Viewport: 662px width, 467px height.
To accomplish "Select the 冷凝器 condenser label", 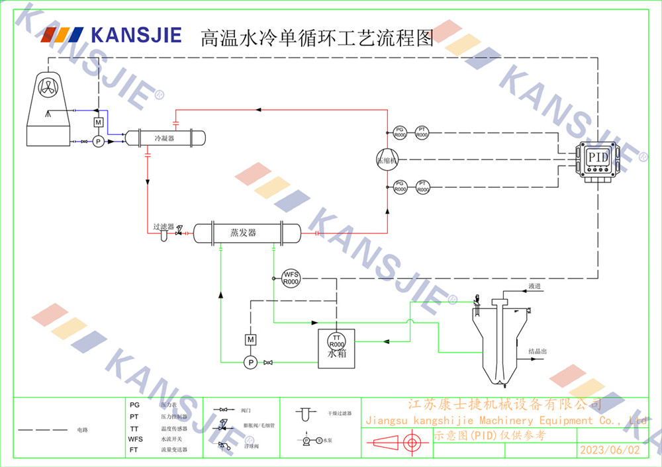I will pyautogui.click(x=164, y=138).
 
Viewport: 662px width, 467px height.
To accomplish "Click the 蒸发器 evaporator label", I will pyautogui.click(x=243, y=233).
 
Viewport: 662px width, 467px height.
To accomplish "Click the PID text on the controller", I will pyautogui.click(x=598, y=158).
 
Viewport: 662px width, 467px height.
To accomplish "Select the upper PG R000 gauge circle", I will pyautogui.click(x=400, y=132).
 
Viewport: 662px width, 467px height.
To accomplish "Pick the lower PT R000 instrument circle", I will pyautogui.click(x=422, y=187).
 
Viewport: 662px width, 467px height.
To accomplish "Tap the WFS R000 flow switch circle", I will pyautogui.click(x=291, y=278).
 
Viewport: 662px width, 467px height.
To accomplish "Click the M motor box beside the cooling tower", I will pyautogui.click(x=98, y=122).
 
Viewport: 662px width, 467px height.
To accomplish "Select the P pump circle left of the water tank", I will pyautogui.click(x=250, y=362).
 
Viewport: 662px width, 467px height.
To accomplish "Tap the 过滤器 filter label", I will pyautogui.click(x=164, y=226).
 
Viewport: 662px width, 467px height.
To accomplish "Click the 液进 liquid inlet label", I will pyautogui.click(x=535, y=286).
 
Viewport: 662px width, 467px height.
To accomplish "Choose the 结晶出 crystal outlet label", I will pyautogui.click(x=538, y=351).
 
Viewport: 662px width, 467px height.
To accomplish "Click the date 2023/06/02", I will pyautogui.click(x=610, y=450).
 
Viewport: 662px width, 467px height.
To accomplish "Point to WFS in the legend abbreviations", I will pyautogui.click(x=135, y=439).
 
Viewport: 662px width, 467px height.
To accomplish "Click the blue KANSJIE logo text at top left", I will pyautogui.click(x=136, y=34).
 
